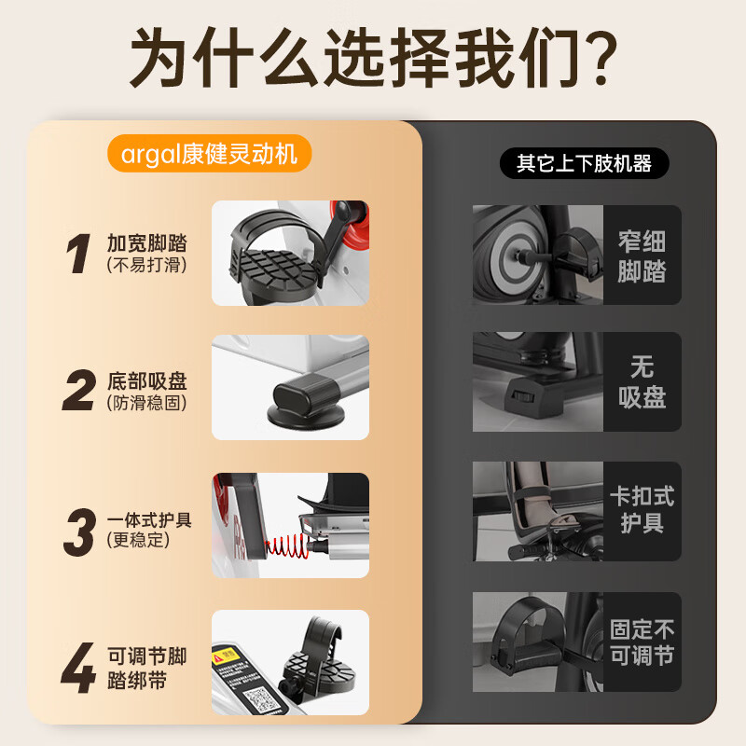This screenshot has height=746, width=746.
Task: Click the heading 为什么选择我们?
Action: (x=373, y=58)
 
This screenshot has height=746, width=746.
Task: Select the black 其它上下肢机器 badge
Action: (x=584, y=164)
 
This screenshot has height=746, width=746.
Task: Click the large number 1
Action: (x=80, y=254)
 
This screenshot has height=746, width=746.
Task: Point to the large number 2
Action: (x=78, y=392)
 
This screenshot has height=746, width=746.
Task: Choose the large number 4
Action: (x=79, y=667)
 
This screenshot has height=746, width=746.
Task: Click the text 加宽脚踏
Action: (x=147, y=243)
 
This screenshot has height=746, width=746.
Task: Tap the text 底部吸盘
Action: (x=147, y=381)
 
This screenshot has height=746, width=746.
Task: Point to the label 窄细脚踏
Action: (x=642, y=256)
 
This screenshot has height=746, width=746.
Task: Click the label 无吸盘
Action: (x=642, y=381)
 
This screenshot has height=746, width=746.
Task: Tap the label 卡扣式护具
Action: (x=642, y=509)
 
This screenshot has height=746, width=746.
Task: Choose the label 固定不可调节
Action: (x=642, y=642)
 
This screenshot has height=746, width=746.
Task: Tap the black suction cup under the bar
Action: (x=299, y=410)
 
